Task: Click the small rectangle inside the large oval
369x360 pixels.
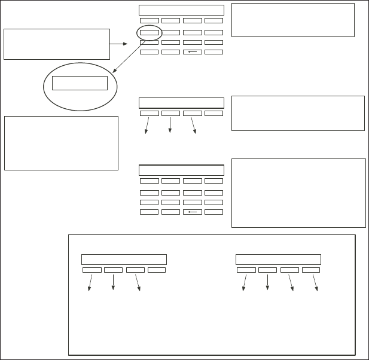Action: (x=80, y=83)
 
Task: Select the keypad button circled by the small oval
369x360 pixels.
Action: (x=150, y=32)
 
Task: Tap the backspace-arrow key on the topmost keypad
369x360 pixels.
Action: (x=192, y=52)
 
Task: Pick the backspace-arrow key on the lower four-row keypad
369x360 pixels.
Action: (x=192, y=212)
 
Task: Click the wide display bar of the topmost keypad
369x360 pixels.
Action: (x=181, y=10)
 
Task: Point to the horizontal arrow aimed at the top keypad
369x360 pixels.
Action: (x=118, y=44)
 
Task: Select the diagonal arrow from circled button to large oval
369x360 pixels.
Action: (x=129, y=57)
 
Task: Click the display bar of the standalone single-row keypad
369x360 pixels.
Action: (x=181, y=103)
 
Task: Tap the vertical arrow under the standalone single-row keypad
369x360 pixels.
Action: (x=170, y=124)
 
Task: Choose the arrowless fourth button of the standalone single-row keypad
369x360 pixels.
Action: (x=214, y=113)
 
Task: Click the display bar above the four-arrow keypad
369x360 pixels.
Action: (x=278, y=260)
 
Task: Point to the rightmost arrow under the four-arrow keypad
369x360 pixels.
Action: (x=315, y=283)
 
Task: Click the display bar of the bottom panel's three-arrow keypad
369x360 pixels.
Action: (x=124, y=260)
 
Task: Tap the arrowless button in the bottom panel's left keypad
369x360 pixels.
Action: (x=157, y=270)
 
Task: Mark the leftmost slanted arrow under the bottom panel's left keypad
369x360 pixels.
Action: (x=90, y=283)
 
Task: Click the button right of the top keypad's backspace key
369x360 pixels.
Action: (x=214, y=52)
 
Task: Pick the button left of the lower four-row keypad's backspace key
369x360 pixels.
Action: (x=170, y=212)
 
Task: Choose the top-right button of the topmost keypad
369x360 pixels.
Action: (x=214, y=20)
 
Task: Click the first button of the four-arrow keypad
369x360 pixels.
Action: (x=246, y=270)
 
